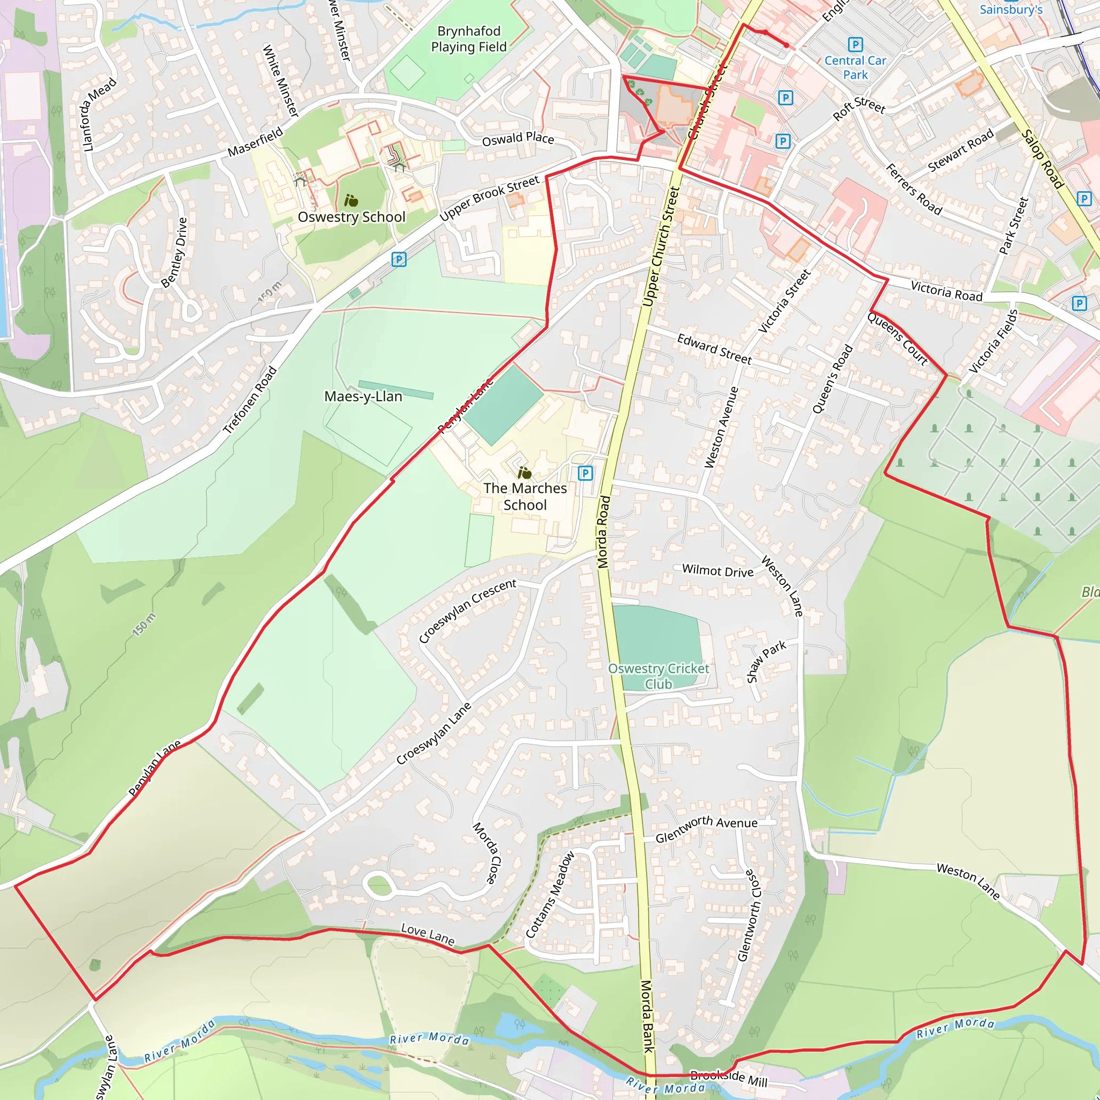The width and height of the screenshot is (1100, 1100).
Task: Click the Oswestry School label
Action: [x=351, y=217]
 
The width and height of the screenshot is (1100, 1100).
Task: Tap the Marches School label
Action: [x=525, y=496]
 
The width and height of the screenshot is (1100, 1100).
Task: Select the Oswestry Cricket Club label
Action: [x=658, y=676]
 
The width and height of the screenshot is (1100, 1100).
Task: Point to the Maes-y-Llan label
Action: [x=363, y=396]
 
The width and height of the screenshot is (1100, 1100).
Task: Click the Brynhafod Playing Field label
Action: [x=468, y=39]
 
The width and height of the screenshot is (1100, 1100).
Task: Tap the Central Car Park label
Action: [x=855, y=67]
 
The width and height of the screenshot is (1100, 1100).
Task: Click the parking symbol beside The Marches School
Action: [x=585, y=473]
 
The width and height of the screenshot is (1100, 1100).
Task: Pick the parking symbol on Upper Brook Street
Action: [x=399, y=259]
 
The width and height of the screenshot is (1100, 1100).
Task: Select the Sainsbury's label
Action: [x=1011, y=9]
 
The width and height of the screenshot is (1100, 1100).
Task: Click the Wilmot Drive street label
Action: [x=718, y=571]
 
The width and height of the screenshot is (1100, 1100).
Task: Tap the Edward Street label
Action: [x=714, y=349]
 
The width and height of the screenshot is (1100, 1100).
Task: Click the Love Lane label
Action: [x=428, y=935]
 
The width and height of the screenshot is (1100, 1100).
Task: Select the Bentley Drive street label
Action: [x=173, y=253]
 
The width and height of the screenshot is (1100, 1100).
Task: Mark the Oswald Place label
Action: [x=518, y=139]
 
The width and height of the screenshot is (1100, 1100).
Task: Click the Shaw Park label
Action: [x=766, y=661]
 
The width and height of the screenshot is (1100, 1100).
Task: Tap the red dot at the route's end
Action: [x=786, y=45]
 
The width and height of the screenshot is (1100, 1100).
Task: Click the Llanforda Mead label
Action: [x=100, y=114]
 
